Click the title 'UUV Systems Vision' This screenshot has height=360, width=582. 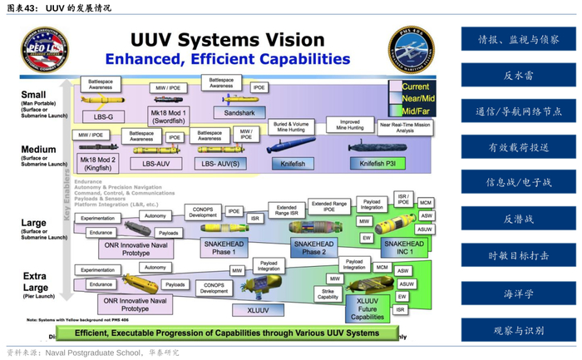pos(226,39)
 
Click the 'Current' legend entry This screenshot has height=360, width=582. pos(415,86)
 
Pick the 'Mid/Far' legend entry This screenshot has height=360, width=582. pos(415,110)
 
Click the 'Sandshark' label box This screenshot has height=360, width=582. pos(239,111)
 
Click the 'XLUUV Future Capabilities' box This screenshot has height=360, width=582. pos(367,308)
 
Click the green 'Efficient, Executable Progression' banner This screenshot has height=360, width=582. pos(226,333)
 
